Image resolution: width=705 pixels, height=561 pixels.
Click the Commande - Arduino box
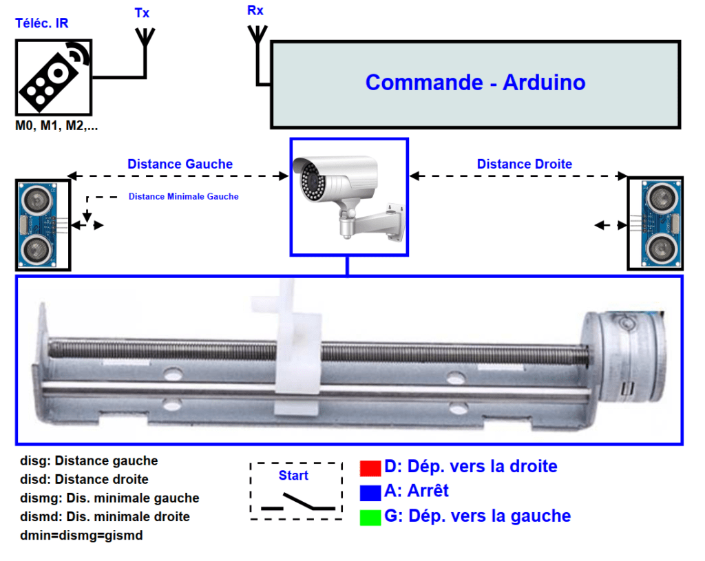[x=475, y=84]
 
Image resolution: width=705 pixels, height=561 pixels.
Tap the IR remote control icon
[x=53, y=76]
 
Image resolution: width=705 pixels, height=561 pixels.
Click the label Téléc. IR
[x=42, y=24]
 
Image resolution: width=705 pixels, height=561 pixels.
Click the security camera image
[x=348, y=198]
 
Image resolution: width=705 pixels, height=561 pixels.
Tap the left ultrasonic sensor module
[x=43, y=224]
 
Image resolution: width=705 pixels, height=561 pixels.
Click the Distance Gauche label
[x=180, y=164]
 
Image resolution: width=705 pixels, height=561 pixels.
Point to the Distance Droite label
[x=524, y=164]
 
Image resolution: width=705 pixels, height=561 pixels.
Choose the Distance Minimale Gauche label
[x=183, y=196]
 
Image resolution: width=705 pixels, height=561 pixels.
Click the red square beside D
[x=370, y=467]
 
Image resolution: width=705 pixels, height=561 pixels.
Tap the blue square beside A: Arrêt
[x=370, y=491]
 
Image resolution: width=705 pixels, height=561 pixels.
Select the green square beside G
[x=370, y=516]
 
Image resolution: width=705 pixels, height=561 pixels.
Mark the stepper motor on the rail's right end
[x=625, y=357]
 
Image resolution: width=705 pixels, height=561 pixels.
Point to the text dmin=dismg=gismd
[x=81, y=535]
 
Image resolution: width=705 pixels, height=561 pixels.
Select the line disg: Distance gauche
[x=89, y=461]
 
